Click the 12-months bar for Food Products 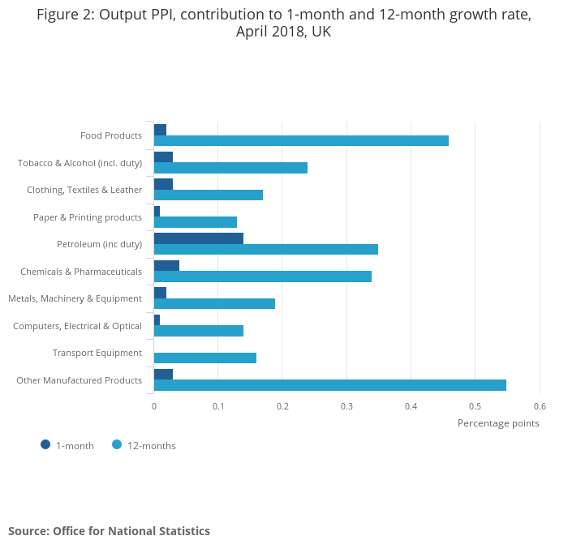pyautogui.click(x=301, y=141)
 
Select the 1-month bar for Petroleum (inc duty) pyautogui.click(x=199, y=238)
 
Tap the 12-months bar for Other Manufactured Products pyautogui.click(x=330, y=385)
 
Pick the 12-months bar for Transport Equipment pyautogui.click(x=205, y=358)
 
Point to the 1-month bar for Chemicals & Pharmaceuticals pyautogui.click(x=166, y=265)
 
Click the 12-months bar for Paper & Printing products pyautogui.click(x=196, y=222)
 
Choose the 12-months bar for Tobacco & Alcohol pyautogui.click(x=230, y=168)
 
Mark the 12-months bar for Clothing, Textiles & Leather pyautogui.click(x=209, y=195)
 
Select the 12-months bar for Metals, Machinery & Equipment pyautogui.click(x=214, y=304)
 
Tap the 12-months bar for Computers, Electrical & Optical pyautogui.click(x=199, y=331)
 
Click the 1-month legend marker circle pyautogui.click(x=45, y=444)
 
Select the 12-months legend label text pyautogui.click(x=152, y=445)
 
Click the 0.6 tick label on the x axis pyautogui.click(x=540, y=406)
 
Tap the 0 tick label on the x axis pyautogui.click(x=154, y=406)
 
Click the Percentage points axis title pyautogui.click(x=498, y=422)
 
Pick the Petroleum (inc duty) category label pyautogui.click(x=99, y=244)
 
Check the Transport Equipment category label pyautogui.click(x=97, y=353)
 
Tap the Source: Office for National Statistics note pyautogui.click(x=109, y=531)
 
